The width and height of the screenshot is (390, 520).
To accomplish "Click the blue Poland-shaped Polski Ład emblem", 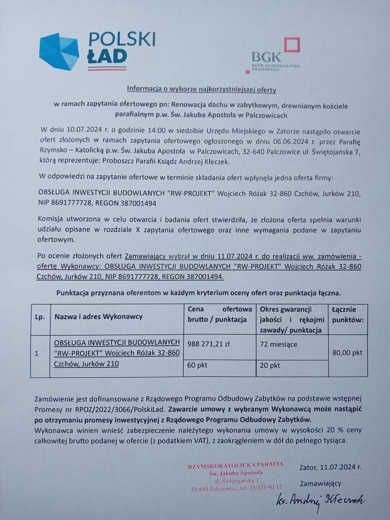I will tap(59, 52).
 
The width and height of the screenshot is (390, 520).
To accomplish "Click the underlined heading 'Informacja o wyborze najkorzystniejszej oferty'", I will tap(201, 89).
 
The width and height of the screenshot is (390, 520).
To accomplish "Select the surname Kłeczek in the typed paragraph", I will tap(217, 162).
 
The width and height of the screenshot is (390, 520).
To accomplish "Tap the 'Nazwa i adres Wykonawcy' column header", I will tap(98, 317).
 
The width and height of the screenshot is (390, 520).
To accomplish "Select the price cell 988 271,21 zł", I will tap(209, 344).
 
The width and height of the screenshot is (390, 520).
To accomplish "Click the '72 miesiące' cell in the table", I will tap(279, 344).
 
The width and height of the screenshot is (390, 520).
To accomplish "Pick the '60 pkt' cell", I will tap(197, 365).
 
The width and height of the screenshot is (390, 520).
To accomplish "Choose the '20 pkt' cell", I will tap(270, 366).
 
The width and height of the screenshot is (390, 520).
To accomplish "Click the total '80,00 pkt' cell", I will tap(347, 353).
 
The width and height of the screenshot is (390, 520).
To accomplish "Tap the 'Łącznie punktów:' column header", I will tap(348, 315).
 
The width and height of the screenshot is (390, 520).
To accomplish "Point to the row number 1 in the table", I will tap(37, 354).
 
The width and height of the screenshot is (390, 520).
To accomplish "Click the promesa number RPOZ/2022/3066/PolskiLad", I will tap(121, 410).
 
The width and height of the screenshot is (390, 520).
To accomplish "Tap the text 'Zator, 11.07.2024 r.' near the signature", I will tap(330, 467).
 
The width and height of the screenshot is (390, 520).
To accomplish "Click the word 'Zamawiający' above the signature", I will tap(320, 483).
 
